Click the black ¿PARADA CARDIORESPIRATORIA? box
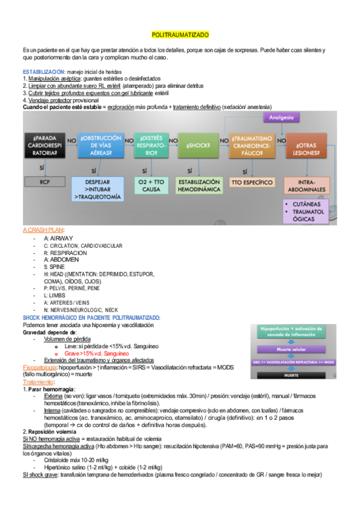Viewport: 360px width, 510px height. click(44, 146)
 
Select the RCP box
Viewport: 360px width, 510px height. click(44, 181)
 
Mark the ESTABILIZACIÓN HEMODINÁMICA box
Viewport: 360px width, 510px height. click(198, 185)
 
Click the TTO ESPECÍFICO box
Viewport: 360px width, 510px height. click(252, 182)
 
